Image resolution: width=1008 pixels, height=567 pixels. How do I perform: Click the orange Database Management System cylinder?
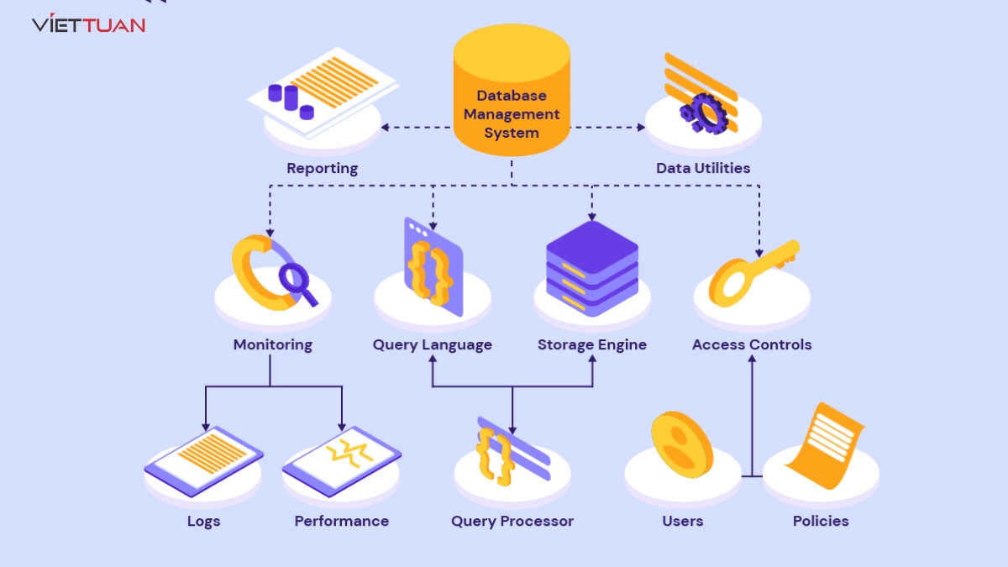[512, 92]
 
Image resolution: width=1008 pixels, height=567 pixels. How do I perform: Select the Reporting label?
[322, 168]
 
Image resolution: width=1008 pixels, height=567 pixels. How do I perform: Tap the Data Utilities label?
[703, 168]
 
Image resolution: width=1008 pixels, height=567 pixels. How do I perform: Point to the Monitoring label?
[272, 344]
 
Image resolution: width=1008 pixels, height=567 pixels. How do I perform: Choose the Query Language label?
[433, 344]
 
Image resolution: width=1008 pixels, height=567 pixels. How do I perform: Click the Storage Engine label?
[592, 344]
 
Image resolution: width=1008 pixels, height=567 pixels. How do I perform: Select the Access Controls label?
[752, 344]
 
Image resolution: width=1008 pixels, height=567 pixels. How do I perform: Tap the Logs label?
[203, 521]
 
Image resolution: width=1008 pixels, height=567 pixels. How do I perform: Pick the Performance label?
[342, 521]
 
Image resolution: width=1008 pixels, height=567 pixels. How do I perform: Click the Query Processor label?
[512, 521]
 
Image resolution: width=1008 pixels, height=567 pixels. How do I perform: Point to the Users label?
[682, 521]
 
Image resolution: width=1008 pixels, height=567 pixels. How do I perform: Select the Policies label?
[821, 521]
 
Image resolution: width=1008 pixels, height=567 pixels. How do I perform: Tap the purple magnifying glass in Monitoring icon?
[297, 281]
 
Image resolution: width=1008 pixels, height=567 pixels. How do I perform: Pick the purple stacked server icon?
[592, 267]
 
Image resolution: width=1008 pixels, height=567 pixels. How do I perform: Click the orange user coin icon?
[681, 444]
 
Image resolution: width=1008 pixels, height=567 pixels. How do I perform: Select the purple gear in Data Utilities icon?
[701, 113]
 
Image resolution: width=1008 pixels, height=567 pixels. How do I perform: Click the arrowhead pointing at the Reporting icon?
[385, 128]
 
